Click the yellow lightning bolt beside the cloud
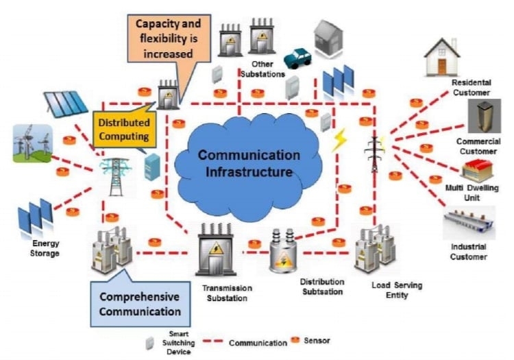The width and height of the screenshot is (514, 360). point(339,140)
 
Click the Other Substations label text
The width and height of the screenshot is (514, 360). point(262,69)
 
